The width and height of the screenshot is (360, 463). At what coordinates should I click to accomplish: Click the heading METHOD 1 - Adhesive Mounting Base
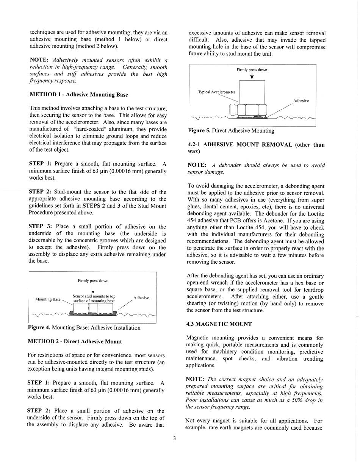pyautogui.click(x=78, y=95)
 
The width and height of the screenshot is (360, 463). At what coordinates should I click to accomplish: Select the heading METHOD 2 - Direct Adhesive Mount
pyautogui.click(x=75, y=341)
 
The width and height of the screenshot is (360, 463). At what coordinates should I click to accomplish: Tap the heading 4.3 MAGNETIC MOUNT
pyautogui.click(x=219, y=324)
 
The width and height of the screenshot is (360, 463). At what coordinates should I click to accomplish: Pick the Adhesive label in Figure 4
pyautogui.click(x=141, y=298)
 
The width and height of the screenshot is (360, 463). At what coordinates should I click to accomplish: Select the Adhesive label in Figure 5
pyautogui.click(x=301, y=101)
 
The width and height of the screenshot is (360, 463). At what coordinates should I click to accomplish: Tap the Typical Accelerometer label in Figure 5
pyautogui.click(x=217, y=92)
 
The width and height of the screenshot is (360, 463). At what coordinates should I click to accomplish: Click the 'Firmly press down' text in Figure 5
pyautogui.click(x=252, y=70)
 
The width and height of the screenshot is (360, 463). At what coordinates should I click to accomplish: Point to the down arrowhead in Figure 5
pyautogui.click(x=252, y=78)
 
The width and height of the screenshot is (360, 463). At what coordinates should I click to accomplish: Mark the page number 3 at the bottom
pyautogui.click(x=174, y=439)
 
